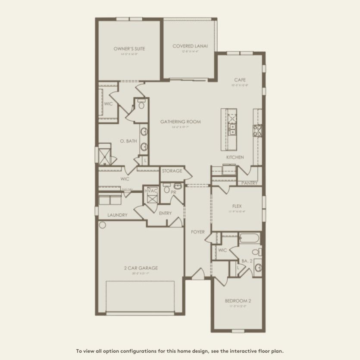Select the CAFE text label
pyautogui.click(x=240, y=80)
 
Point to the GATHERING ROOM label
pyautogui.click(x=181, y=122)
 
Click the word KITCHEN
pyautogui.click(x=235, y=157)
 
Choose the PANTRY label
pyautogui.click(x=250, y=183)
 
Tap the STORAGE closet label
pyautogui.click(x=172, y=171)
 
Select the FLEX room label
pyautogui.click(x=237, y=207)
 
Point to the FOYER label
pyautogui.click(x=198, y=232)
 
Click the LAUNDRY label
pyautogui.click(x=117, y=215)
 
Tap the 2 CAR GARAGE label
pyautogui.click(x=141, y=268)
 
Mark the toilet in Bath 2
pyautogui.click(x=256, y=252)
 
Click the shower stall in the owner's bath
pyautogui.click(x=103, y=154)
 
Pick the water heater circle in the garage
pyautogui.click(x=103, y=225)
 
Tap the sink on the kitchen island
pyautogui.click(x=232, y=127)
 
